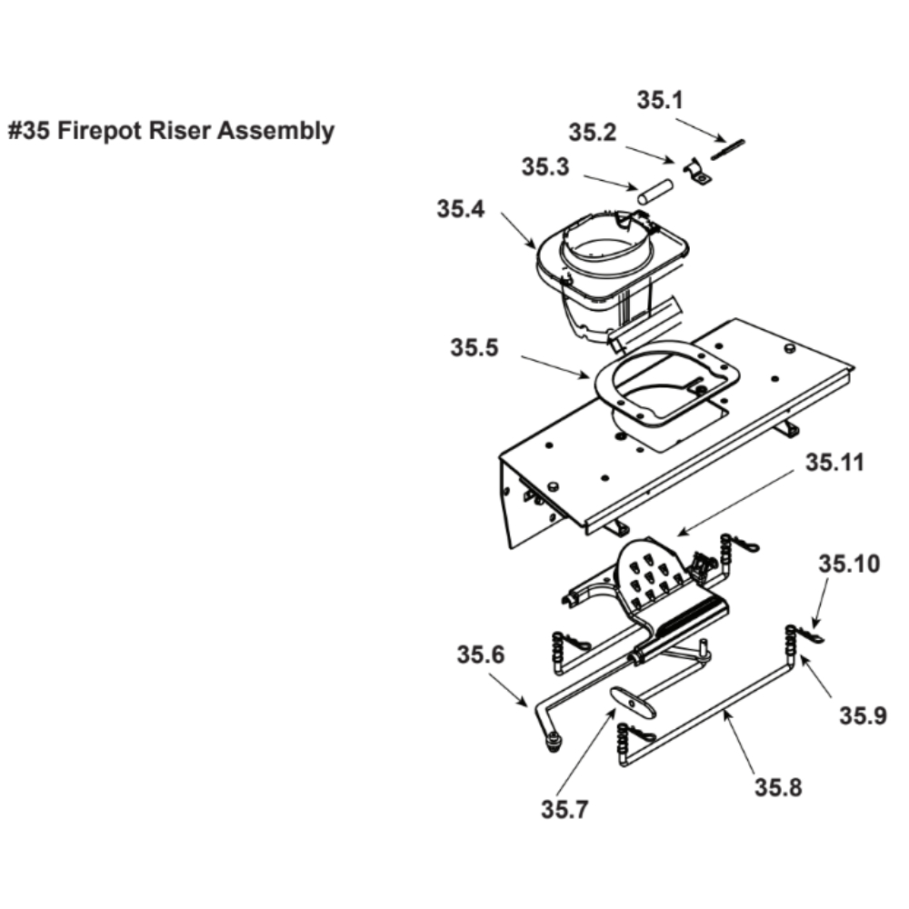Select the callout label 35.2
point(593,133)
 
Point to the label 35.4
point(461,209)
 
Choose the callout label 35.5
point(474,348)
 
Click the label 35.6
point(481,655)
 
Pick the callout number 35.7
point(564,808)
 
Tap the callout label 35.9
point(863,716)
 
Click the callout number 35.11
point(833,464)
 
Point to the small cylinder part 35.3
point(654,193)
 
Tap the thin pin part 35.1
point(728,148)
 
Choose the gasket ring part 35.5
point(663,379)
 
